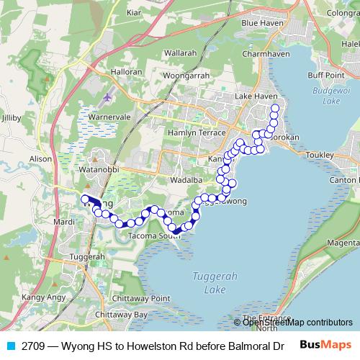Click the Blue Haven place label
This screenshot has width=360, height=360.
click(260, 24)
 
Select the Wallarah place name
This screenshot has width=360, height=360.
click(180, 53)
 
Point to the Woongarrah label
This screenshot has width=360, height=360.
click(186, 76)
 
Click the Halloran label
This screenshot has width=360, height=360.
click(127, 73)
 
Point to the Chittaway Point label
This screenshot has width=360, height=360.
click(145, 298)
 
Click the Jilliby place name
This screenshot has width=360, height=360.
click(13, 117)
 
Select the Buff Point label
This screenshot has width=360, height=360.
click(326, 74)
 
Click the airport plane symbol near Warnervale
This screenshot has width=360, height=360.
click(108, 96)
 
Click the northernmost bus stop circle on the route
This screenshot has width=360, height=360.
click(274, 109)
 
